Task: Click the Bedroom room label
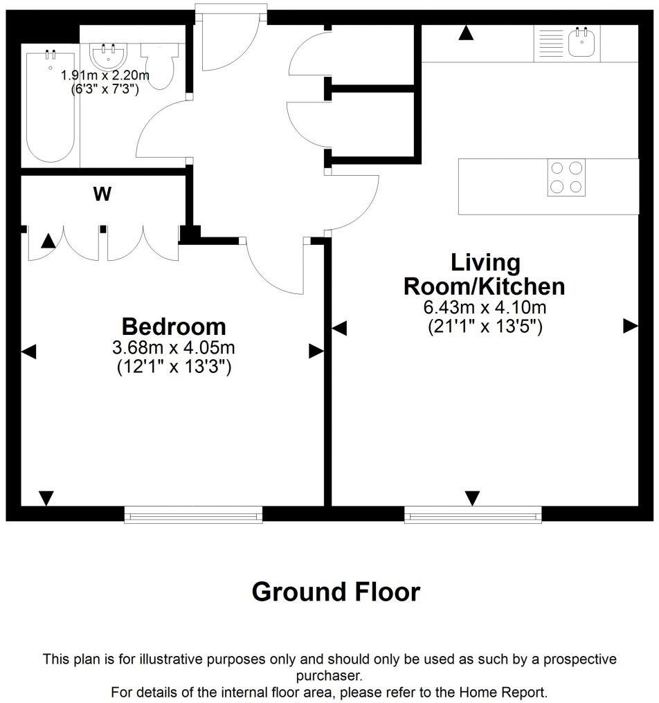(x=174, y=326)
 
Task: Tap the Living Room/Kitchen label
(x=484, y=274)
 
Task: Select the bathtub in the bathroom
(x=50, y=107)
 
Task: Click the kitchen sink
(x=580, y=43)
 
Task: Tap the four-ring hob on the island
(x=566, y=177)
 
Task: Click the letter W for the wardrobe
(x=102, y=195)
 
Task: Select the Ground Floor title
(x=336, y=592)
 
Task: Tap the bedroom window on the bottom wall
(x=193, y=513)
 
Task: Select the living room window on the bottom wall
(x=473, y=513)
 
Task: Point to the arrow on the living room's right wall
(x=630, y=326)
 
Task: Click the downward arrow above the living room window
(x=472, y=497)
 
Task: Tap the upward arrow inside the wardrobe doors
(x=48, y=241)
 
